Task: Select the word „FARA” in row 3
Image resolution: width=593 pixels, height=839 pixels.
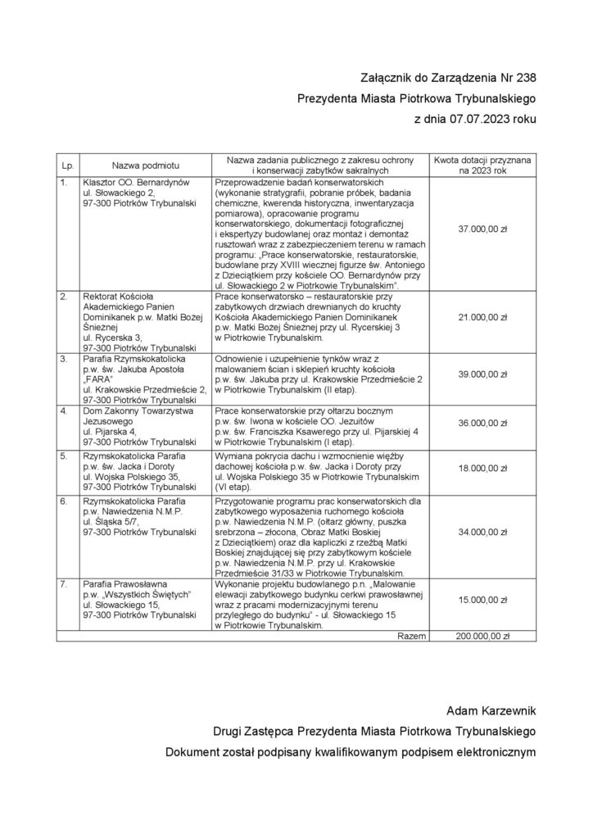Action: click(97, 379)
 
